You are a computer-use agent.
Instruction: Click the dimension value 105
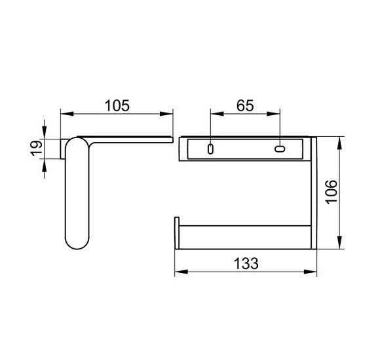tap(117, 106)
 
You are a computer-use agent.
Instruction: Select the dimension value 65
tap(245, 106)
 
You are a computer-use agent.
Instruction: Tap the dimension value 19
tap(36, 148)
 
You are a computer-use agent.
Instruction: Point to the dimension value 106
tap(332, 192)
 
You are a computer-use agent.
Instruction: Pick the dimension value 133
tap(246, 263)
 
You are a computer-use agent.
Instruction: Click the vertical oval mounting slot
tap(210, 149)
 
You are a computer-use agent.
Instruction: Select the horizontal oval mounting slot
tap(280, 149)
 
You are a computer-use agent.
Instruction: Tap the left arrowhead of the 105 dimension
tap(67, 113)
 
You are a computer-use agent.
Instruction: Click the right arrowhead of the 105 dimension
tap(166, 113)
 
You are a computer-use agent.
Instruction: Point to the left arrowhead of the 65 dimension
tap(217, 113)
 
